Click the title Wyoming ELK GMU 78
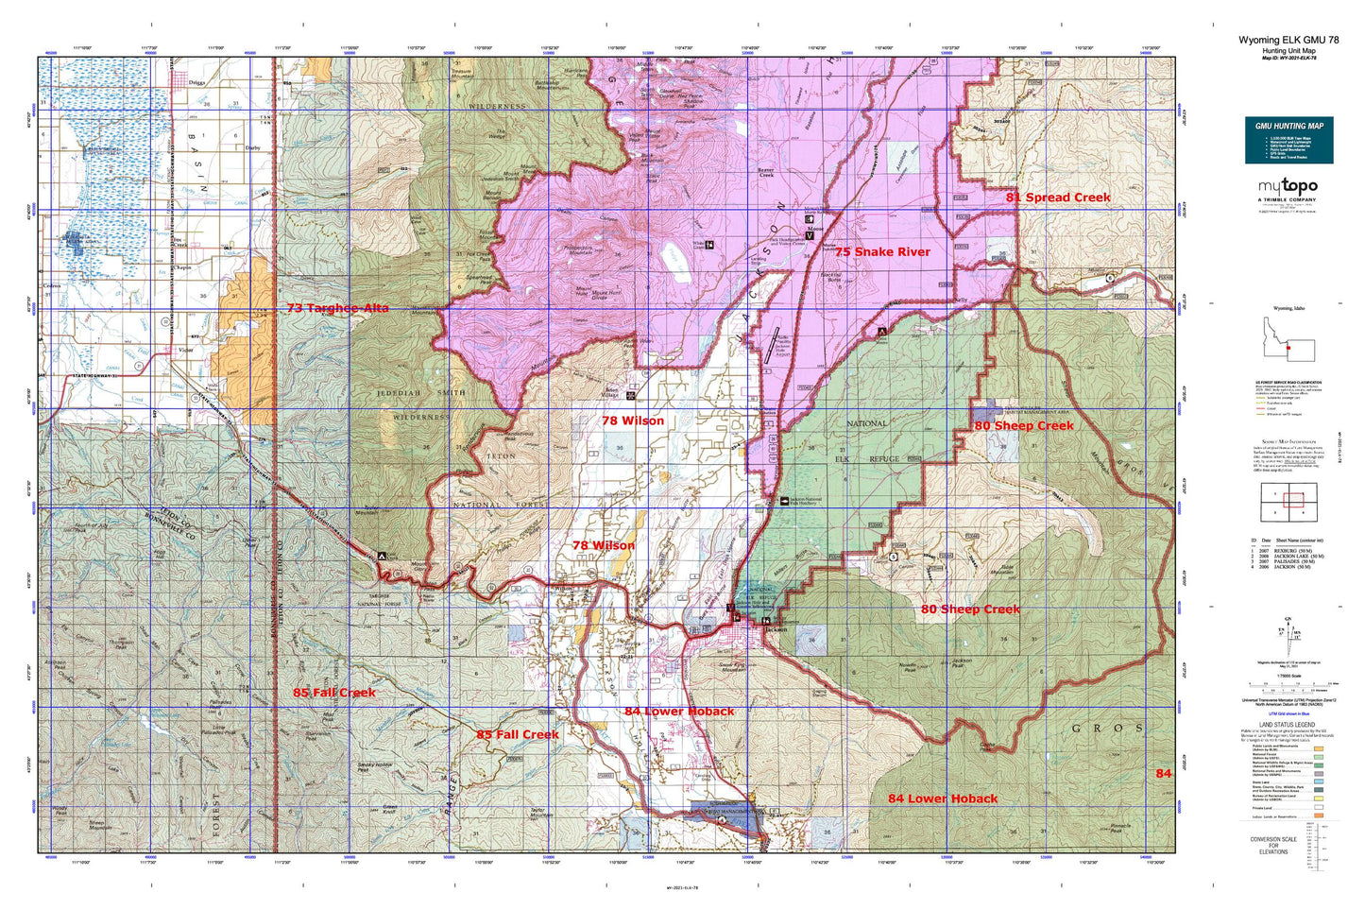tap(1288, 40)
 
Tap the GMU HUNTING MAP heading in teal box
tap(1288, 126)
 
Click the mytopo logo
tap(1288, 185)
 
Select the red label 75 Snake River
tap(881, 252)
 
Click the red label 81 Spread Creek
tap(1058, 197)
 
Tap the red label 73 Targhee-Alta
tap(337, 309)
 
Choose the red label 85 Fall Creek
tap(333, 693)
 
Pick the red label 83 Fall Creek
tap(518, 734)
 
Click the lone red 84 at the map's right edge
tap(1163, 774)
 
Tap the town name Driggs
tap(196, 83)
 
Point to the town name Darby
tap(252, 148)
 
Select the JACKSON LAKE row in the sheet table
tap(1290, 557)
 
